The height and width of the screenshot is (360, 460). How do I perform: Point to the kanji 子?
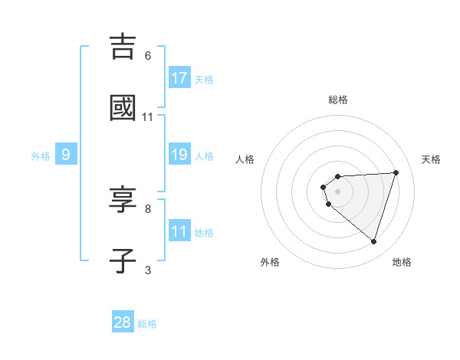pyautogui.click(x=123, y=260)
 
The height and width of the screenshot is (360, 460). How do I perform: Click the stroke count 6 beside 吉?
pyautogui.click(x=148, y=55)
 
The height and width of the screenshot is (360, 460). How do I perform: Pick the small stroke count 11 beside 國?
pyautogui.click(x=148, y=117)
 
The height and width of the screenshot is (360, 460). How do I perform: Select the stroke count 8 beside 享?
pyautogui.click(x=148, y=208)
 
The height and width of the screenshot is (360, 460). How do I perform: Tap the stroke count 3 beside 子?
pyautogui.click(x=148, y=270)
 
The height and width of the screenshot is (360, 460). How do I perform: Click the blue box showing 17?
pyautogui.click(x=179, y=78)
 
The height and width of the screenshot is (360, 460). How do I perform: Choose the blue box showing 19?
pyautogui.click(x=179, y=155)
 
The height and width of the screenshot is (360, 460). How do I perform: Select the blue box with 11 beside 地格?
pyautogui.click(x=179, y=231)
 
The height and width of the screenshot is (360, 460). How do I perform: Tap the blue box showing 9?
pyautogui.click(x=66, y=155)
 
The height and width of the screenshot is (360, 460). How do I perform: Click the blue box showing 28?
pyautogui.click(x=123, y=322)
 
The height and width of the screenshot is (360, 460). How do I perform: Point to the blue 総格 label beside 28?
pyautogui.click(x=147, y=324)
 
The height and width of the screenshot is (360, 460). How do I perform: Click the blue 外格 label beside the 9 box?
pyautogui.click(x=41, y=156)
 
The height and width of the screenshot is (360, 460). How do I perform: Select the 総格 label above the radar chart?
pyautogui.click(x=338, y=100)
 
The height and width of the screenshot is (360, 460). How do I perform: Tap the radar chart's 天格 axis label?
pyautogui.click(x=432, y=159)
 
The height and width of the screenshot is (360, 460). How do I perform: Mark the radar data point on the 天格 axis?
pyautogui.click(x=396, y=172)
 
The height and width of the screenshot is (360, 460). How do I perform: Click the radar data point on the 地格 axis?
pyautogui.click(x=373, y=241)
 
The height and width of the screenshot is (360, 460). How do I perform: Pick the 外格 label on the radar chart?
pyautogui.click(x=270, y=262)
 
